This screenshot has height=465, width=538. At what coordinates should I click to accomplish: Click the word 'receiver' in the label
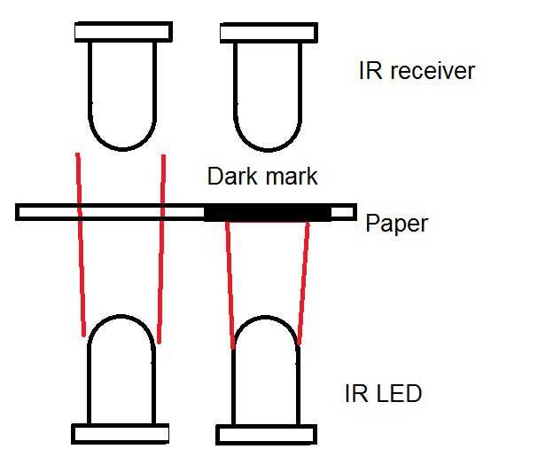click(433, 71)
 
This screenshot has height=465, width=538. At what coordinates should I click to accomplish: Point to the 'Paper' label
click(397, 224)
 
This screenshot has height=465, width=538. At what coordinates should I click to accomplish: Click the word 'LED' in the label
click(400, 393)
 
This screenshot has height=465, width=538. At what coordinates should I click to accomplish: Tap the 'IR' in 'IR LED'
click(356, 393)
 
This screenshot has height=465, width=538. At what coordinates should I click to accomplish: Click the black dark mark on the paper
click(268, 212)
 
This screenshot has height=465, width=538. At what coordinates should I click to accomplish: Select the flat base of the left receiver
click(123, 32)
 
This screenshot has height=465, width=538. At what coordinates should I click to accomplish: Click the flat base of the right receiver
click(269, 33)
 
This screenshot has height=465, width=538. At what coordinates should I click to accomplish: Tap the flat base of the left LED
click(120, 434)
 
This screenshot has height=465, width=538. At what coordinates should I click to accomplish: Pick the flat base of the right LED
click(266, 435)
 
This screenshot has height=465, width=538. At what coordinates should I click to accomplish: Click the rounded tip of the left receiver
click(123, 149)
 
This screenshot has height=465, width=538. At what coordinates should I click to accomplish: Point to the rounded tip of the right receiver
click(268, 150)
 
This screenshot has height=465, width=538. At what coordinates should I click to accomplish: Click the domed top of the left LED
click(121, 316)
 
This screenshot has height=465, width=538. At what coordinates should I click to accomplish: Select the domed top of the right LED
click(265, 317)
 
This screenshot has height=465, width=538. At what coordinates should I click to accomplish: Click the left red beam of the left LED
click(81, 245)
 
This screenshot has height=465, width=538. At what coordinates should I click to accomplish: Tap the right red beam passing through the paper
click(161, 249)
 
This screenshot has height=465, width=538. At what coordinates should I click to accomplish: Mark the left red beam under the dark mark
click(230, 285)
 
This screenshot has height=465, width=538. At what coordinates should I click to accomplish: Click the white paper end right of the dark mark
click(343, 212)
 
